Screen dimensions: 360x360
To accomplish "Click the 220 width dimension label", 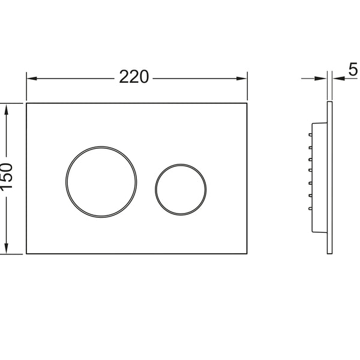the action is (x=134, y=77).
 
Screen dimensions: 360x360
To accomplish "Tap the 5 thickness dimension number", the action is (x=353, y=70).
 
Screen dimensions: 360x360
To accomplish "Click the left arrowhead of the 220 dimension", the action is (x=32, y=79).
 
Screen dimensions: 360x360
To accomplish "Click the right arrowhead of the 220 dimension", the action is (x=242, y=79).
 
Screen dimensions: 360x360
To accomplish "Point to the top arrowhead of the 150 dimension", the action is (x=6, y=109).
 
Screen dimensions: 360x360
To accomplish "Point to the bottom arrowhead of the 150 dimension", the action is (x=6, y=248).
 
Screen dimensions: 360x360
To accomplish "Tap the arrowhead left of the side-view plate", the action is (x=320, y=79).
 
